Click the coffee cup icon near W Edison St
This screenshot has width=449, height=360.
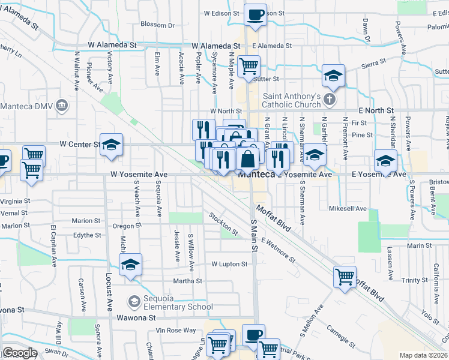[255, 14]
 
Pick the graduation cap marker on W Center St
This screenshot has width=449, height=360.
[111, 145]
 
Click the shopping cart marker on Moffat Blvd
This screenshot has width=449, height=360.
[345, 277]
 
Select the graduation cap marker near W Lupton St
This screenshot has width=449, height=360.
[130, 265]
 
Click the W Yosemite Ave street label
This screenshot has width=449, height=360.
[138, 174]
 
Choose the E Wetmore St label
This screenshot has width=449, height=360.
[277, 249]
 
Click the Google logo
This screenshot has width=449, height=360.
[20, 353]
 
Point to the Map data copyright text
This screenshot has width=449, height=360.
[423, 355]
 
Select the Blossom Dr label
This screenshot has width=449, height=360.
[157, 25]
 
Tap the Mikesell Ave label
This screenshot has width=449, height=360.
[347, 209]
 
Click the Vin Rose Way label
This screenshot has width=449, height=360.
[176, 330]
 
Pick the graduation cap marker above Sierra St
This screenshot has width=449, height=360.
[333, 76]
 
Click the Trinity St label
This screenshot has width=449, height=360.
[414, 280]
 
